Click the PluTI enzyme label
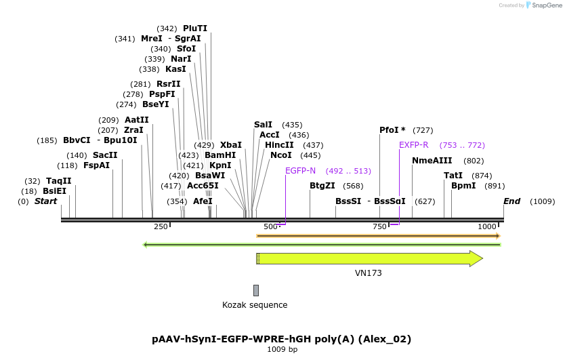(195, 28)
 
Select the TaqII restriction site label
(58, 181)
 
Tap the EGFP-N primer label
(301, 171)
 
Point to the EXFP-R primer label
(413, 145)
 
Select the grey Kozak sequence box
(256, 290)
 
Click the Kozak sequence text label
(255, 305)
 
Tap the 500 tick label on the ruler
(270, 226)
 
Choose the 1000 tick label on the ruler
(486, 226)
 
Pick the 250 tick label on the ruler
(161, 226)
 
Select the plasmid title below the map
(282, 339)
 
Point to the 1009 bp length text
(282, 350)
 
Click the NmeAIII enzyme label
(432, 161)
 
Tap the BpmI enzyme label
(463, 186)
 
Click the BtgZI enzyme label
(322, 186)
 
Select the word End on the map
(511, 201)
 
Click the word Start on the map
(46, 201)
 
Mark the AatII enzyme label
(137, 120)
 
